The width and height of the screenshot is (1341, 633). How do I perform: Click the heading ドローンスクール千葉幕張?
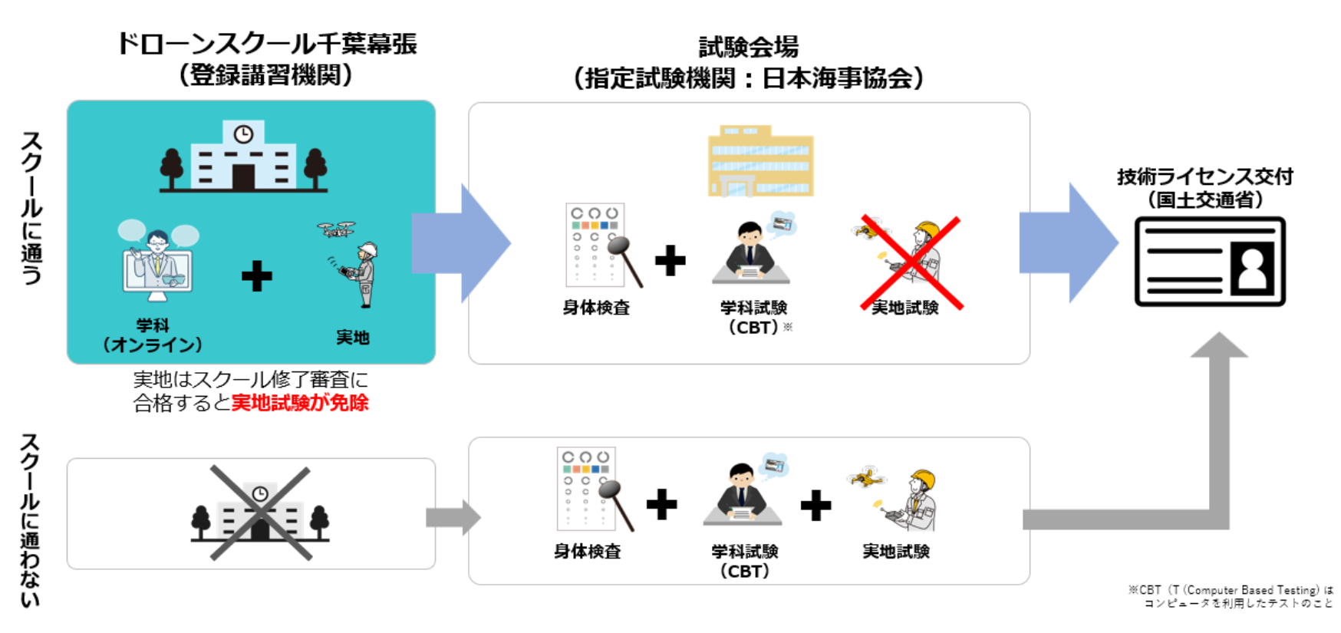[266, 44]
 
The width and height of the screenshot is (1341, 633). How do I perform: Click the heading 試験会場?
[748, 47]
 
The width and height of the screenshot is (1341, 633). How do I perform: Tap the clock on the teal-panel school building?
[243, 135]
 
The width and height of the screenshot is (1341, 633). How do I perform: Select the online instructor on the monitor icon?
[158, 257]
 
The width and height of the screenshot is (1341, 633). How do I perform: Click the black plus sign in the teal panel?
[256, 276]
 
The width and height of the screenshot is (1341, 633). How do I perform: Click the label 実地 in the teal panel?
[352, 337]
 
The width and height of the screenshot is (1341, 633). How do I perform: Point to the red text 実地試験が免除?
[300, 403]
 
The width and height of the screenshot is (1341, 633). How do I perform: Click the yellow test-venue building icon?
[760, 161]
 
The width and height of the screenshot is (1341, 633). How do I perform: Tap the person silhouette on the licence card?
[1252, 267]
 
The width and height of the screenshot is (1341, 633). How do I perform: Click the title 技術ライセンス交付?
[1204, 177]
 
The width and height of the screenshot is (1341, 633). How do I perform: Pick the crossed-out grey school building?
[260, 513]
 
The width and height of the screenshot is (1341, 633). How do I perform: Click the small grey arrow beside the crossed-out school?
[453, 517]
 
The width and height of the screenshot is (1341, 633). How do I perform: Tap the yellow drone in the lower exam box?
[867, 477]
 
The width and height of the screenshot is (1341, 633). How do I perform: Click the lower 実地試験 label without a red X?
[895, 551]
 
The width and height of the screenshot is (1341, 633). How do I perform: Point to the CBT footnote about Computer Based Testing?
[1231, 596]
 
